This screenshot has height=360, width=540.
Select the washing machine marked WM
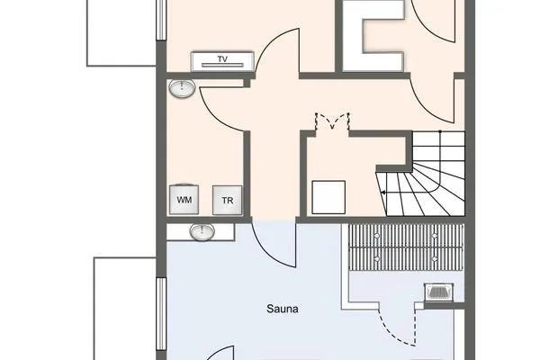pyautogui.click(x=184, y=199)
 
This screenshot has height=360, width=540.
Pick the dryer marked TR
pyautogui.click(x=227, y=199)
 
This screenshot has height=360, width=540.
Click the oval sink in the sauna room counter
pyautogui.click(x=202, y=233)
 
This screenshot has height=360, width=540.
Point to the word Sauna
pyautogui.click(x=282, y=309)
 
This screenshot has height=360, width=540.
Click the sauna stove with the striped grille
pyautogui.click(x=437, y=292)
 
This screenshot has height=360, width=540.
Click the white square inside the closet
pyautogui.click(x=328, y=194)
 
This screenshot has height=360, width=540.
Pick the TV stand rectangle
pyautogui.click(x=220, y=62)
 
